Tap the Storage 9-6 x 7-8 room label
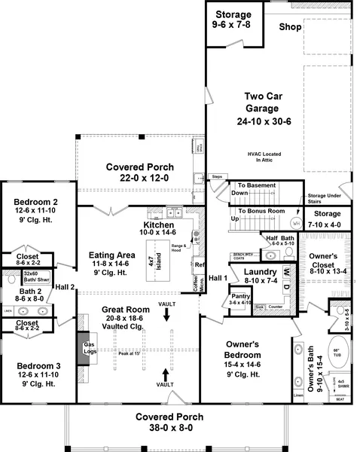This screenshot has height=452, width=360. coord(234,20)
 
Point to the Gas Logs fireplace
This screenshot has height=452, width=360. coord(88,349)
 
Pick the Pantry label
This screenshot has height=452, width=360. coord(240,299)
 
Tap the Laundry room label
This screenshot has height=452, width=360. coord(260,275)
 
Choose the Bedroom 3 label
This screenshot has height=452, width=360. coord(35,374)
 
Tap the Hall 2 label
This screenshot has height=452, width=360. coord(66,286)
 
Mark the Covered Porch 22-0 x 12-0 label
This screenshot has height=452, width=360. coord(139,173)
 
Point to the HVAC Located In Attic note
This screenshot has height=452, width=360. coord(263,157)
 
